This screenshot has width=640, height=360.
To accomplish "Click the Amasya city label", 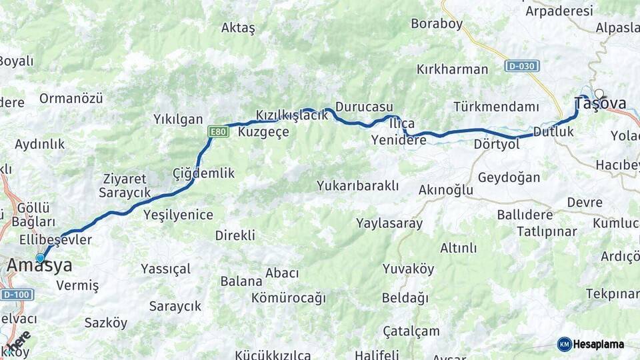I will pos(39,266).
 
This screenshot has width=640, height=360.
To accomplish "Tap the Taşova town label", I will pos(600,103).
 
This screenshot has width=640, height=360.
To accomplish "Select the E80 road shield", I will pos(218,132).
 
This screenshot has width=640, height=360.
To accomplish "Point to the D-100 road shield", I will pos(15,294).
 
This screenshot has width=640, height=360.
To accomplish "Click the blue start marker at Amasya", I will pos(40,258).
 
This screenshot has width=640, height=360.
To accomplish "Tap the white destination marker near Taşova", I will pos(599,94).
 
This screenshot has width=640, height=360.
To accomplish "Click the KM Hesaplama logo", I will pos(591,344).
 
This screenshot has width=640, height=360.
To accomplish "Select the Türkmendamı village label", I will pos(496,107).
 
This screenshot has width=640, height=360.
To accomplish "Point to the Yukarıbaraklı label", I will pos(358,185).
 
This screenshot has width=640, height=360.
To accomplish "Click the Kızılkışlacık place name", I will pos(292,115).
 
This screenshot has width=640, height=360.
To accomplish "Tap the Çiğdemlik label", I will pos(203,173).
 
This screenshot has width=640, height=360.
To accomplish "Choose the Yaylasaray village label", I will pos(389,223).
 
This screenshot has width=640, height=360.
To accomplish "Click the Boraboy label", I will pos(437,24).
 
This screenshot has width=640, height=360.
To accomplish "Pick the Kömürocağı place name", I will pos(289,298).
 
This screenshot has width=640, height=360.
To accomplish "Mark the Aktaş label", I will pos(238,28).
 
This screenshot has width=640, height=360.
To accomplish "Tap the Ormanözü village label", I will pos(71,99).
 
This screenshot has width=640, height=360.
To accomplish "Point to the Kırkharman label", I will pos(452,69).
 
